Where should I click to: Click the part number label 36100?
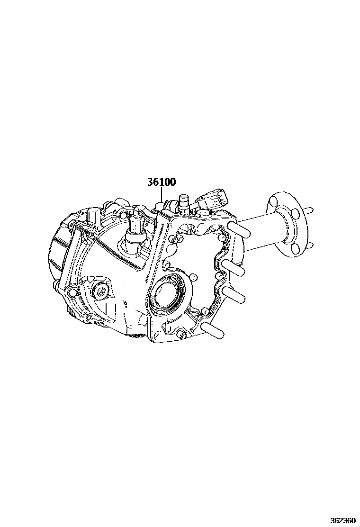pos(162,182)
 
